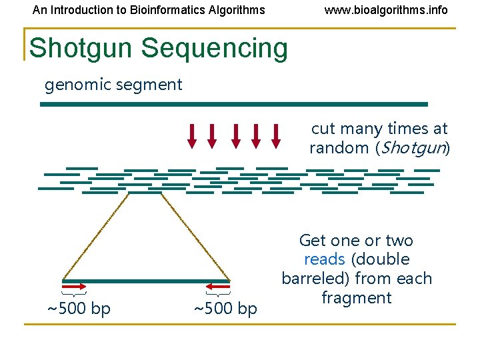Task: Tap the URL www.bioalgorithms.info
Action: point(386,10)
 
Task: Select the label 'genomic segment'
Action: point(113,85)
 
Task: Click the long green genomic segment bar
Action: point(233,104)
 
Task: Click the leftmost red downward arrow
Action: point(192,135)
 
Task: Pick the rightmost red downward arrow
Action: point(276,135)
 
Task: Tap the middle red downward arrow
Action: point(235,135)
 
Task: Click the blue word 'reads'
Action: point(324,259)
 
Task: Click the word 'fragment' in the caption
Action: point(356,297)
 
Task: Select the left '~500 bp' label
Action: point(78,309)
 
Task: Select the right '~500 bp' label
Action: point(225,309)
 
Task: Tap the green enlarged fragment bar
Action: point(146,281)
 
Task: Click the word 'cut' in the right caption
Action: point(323,129)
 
